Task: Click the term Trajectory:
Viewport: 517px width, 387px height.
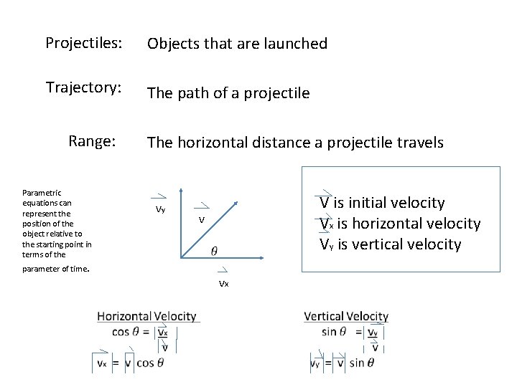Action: pyautogui.click(x=83, y=87)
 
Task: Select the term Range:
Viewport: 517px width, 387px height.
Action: pyautogui.click(x=92, y=140)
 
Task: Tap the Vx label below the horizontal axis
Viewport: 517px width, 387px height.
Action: pyautogui.click(x=223, y=284)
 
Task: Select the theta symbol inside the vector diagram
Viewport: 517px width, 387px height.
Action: pyautogui.click(x=214, y=250)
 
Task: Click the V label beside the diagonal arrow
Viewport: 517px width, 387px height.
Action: pyautogui.click(x=202, y=219)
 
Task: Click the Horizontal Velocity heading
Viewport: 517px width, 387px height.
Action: pyautogui.click(x=146, y=316)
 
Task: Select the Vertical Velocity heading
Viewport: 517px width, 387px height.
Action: pyautogui.click(x=346, y=316)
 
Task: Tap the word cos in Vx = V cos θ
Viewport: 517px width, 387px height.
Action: pyautogui.click(x=145, y=363)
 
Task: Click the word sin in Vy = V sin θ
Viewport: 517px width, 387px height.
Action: pyautogui.click(x=357, y=363)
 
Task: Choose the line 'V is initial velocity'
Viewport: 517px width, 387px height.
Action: pyautogui.click(x=382, y=203)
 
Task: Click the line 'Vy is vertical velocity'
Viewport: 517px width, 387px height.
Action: pyautogui.click(x=391, y=244)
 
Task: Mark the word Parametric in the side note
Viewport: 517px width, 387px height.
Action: pyautogui.click(x=42, y=192)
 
